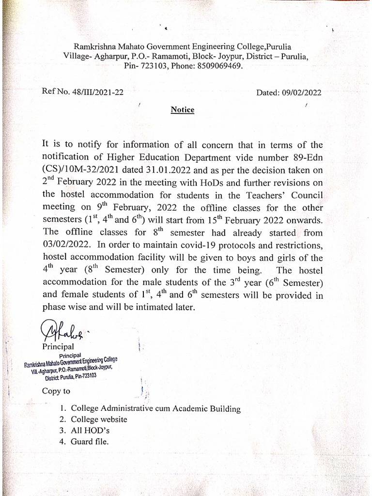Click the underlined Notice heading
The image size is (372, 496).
pyautogui.click(x=183, y=110)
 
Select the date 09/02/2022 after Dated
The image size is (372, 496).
pyautogui.click(x=301, y=93)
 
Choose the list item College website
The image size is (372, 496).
pyautogui.click(x=99, y=419)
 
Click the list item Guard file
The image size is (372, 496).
pyautogui.click(x=90, y=441)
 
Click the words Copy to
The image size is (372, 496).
pyautogui.click(x=56, y=391)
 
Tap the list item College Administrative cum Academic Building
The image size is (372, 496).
pyautogui.click(x=155, y=408)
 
